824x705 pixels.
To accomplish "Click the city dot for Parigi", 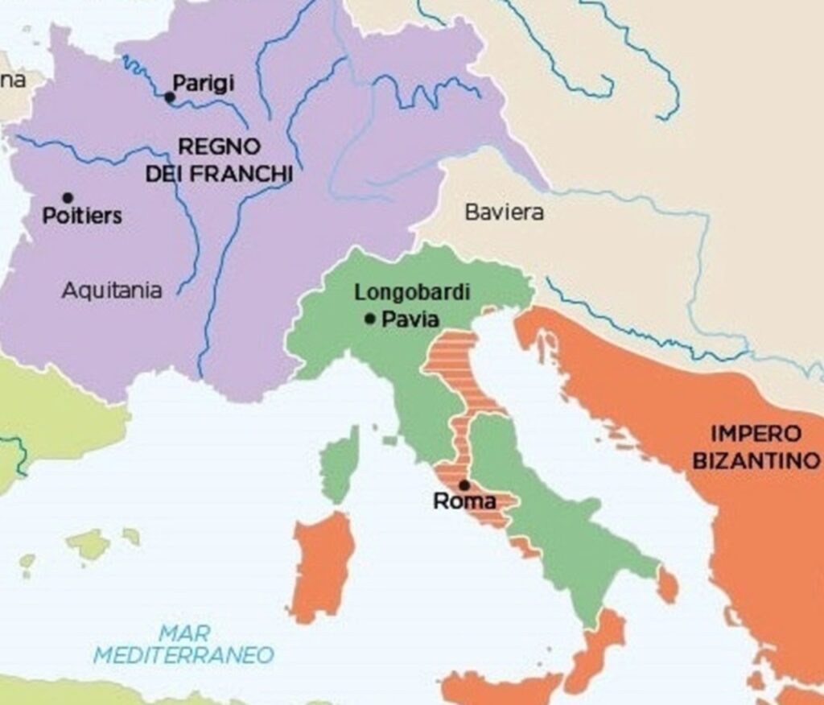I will coord(170,98).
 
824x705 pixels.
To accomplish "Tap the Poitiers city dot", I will coord(68,198).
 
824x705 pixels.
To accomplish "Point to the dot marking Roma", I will coord(464,485).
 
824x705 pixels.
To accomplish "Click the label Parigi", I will coord(203,83).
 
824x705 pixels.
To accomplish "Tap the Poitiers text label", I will coord(82,216).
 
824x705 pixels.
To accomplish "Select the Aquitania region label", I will coord(111,291).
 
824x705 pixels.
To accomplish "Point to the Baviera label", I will coord(504,212).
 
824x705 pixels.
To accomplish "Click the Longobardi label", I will coord(412,293).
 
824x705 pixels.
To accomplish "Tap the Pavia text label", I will coord(410,320).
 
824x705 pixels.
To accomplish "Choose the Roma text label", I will coord(464,502).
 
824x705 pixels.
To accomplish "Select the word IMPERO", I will coord(756,435).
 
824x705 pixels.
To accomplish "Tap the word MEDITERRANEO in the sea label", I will coord(183,655).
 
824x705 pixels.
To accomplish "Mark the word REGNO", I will coord(219,147).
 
